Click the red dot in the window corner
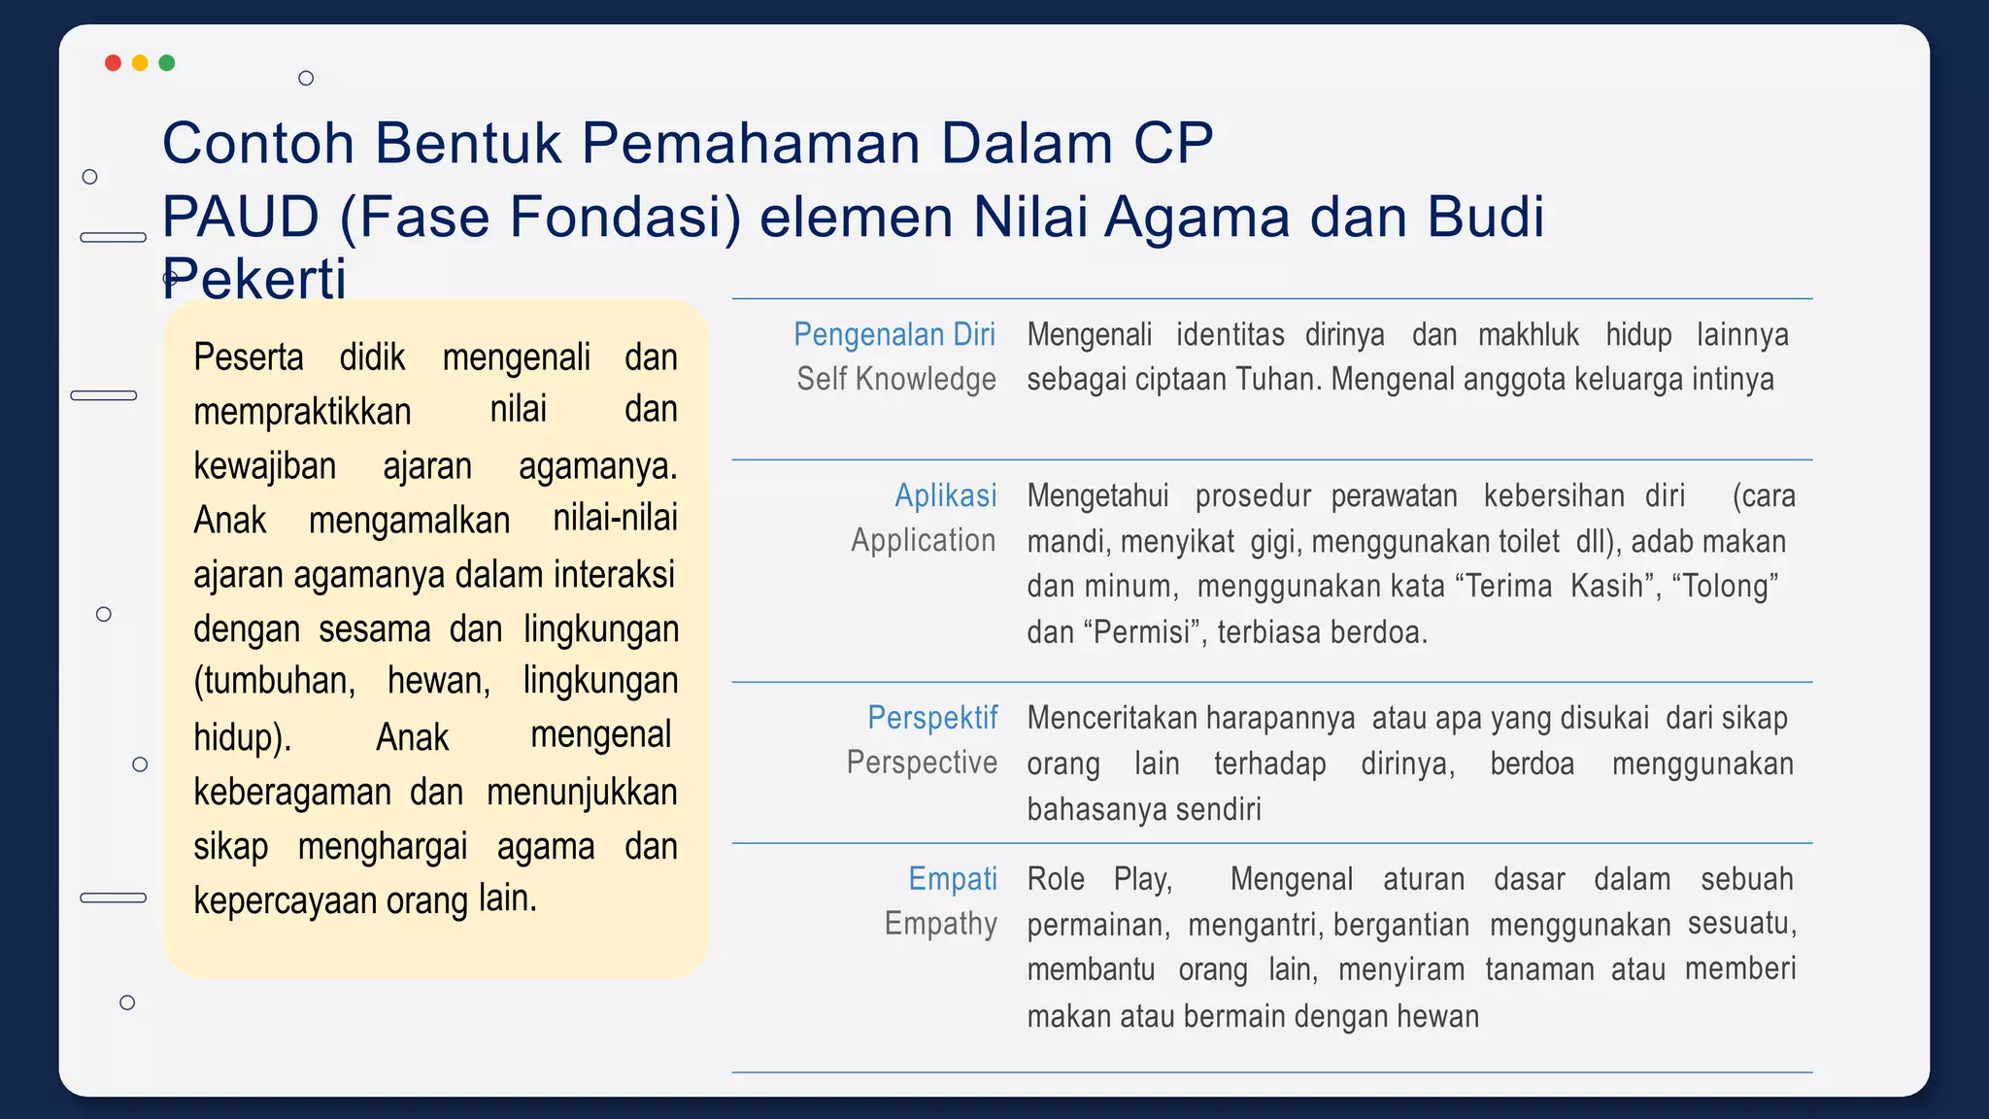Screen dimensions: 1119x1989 pyautogui.click(x=113, y=63)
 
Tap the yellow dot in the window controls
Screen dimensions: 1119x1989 pyautogui.click(x=140, y=63)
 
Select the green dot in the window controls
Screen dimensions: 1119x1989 pyautogui.click(x=167, y=63)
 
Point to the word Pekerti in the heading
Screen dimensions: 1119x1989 pyautogui.click(x=253, y=279)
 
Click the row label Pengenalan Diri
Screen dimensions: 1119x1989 pyautogui.click(x=893, y=334)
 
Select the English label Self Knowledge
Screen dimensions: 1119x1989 pyautogui.click(x=895, y=379)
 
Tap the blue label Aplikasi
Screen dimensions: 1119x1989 pyautogui.click(x=945, y=495)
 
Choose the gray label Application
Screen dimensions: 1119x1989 pyautogui.click(x=923, y=540)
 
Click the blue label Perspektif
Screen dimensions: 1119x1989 pyautogui.click(x=931, y=718)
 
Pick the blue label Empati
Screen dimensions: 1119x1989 pyautogui.click(x=952, y=878)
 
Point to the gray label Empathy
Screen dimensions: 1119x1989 pyautogui.click(x=940, y=923)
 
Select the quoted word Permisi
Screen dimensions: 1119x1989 pyautogui.click(x=1143, y=632)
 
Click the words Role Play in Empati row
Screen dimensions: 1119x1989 pyautogui.click(x=1099, y=879)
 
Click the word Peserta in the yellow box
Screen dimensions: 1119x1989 pyautogui.click(x=249, y=357)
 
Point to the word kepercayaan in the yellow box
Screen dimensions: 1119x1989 pyautogui.click(x=285, y=900)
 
